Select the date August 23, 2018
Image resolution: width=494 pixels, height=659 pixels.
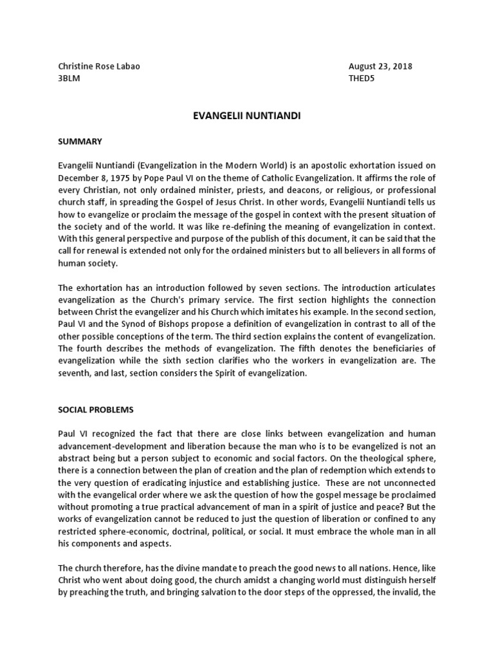(380, 66)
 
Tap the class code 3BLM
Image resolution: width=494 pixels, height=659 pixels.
(70, 79)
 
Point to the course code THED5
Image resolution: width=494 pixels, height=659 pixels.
(362, 79)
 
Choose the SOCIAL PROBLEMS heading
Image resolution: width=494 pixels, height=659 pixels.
(94, 409)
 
